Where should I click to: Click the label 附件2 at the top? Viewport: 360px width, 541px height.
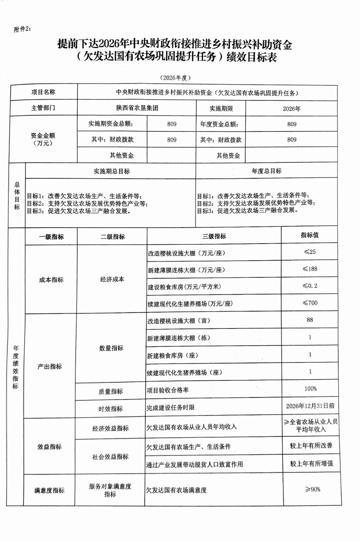coord(22,29)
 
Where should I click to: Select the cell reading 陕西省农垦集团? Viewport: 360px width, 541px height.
coord(137,108)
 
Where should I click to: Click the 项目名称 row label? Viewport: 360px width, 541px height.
coord(43,92)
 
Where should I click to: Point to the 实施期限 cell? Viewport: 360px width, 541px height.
coord(221,108)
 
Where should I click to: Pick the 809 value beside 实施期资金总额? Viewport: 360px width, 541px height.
coord(172,124)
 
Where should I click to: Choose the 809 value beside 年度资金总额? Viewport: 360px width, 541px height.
coord(292,124)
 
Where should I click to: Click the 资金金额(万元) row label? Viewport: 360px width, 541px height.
coord(43,139)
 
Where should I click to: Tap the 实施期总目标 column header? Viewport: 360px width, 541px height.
coord(111,171)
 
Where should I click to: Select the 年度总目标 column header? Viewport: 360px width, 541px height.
coord(267,171)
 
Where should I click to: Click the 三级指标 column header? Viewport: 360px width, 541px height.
coord(214,236)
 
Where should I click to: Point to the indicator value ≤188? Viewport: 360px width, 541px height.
coord(310,269)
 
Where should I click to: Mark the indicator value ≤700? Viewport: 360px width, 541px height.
coord(310,303)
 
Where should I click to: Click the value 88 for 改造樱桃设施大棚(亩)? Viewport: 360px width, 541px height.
coord(310,320)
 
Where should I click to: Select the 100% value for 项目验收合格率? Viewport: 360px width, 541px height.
coord(310,389)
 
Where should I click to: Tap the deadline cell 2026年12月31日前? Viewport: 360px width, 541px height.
coord(310,405)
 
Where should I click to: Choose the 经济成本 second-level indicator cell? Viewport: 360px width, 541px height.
coord(112,279)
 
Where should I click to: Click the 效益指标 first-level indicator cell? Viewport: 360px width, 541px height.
coord(49,446)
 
